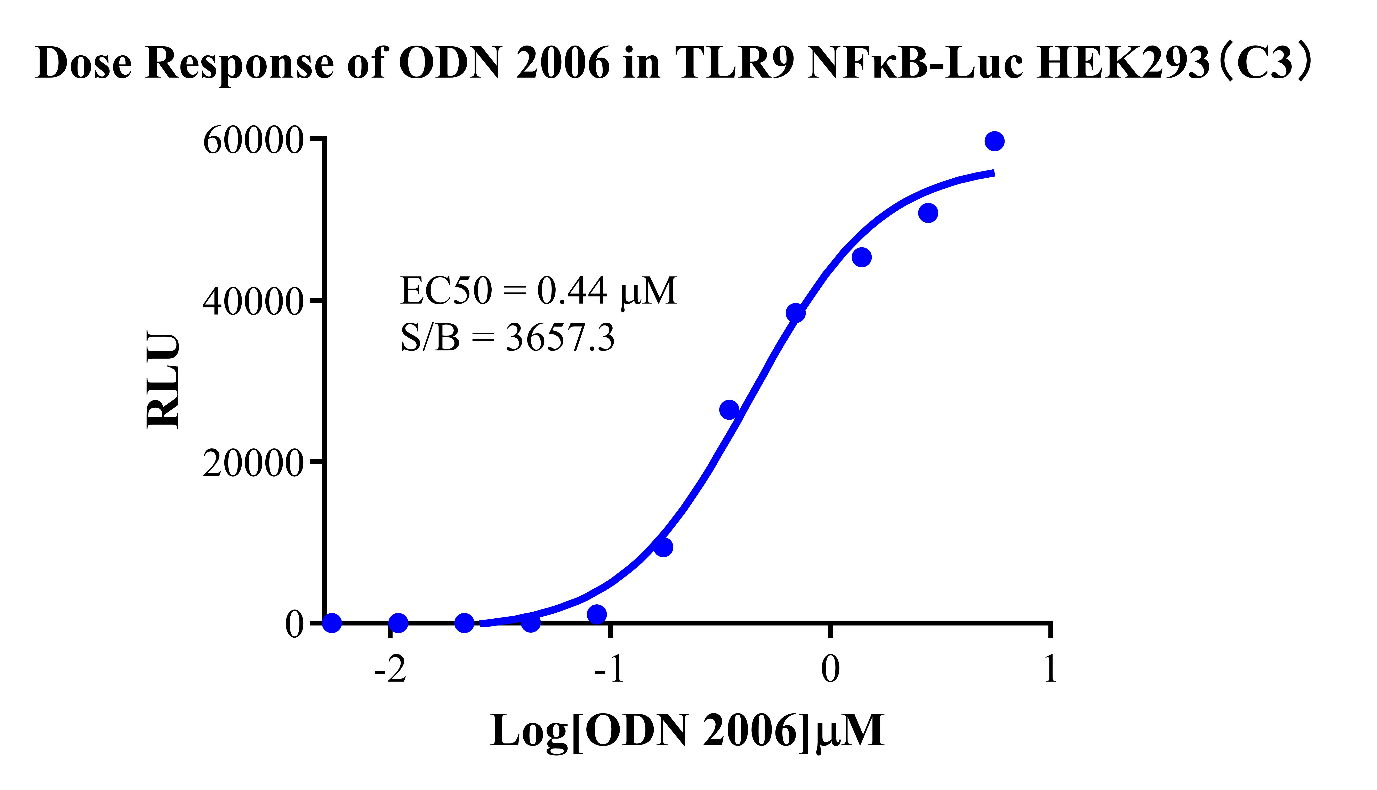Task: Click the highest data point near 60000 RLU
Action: (x=994, y=141)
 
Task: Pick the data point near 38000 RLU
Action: (x=795, y=313)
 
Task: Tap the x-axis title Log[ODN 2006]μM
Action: (x=687, y=731)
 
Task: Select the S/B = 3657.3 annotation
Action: (x=507, y=338)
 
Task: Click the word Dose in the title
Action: (x=84, y=64)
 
